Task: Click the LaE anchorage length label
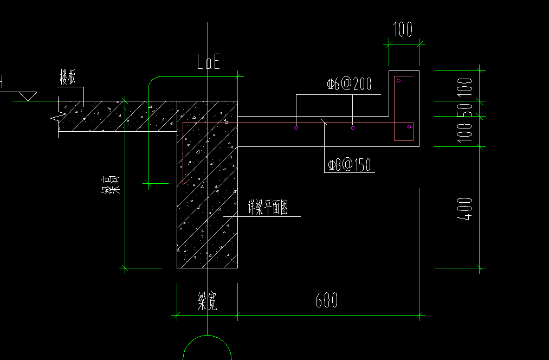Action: point(209,62)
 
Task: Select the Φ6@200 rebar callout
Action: point(349,84)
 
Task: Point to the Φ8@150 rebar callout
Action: point(350,165)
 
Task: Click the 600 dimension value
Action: point(327,300)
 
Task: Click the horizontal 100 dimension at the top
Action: point(403,30)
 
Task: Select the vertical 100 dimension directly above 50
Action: point(465,86)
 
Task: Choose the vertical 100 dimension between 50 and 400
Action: point(465,132)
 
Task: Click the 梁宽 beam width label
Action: point(207,301)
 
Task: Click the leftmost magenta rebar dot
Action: point(296,128)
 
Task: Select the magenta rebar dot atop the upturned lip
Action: point(399,81)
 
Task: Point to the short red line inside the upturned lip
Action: point(404,76)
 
